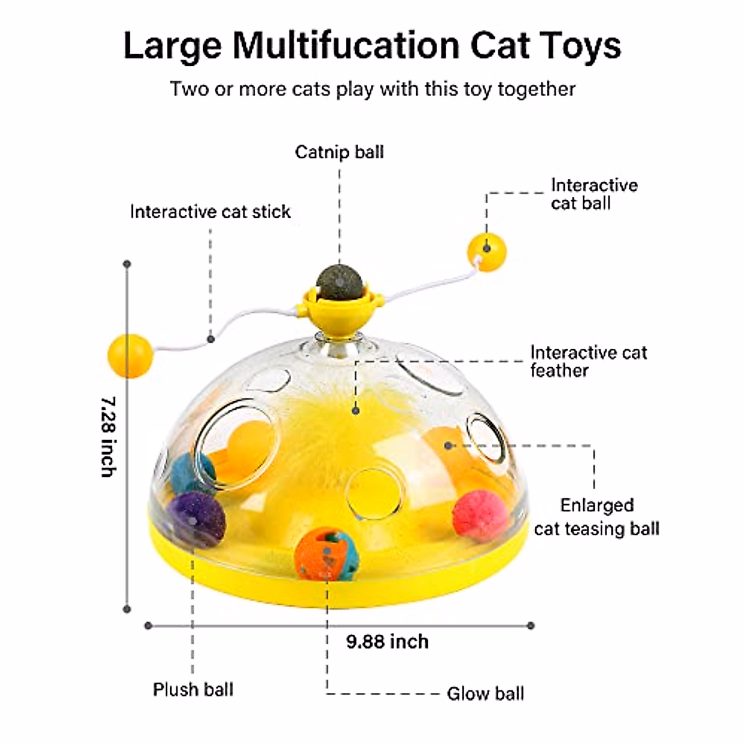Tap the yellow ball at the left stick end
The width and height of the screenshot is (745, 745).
click(x=129, y=354)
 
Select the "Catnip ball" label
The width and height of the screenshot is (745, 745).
click(x=339, y=152)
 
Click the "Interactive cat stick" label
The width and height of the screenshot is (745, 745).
click(x=210, y=212)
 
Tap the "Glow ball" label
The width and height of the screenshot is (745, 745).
click(x=485, y=693)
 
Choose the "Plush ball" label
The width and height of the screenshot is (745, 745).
click(x=193, y=689)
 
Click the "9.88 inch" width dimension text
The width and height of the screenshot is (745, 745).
click(x=387, y=641)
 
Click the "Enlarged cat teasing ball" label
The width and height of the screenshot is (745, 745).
click(x=596, y=517)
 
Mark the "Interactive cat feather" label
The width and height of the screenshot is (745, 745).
click(x=588, y=361)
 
